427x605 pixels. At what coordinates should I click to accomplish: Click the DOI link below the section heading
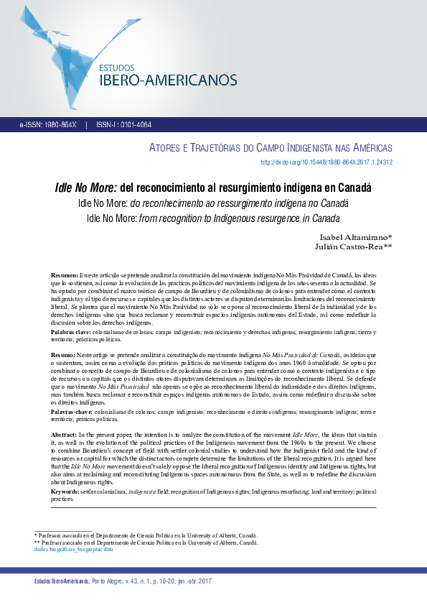[326, 162]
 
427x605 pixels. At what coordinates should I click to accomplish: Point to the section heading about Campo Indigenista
[271, 148]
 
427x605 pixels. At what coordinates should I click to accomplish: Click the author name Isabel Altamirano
[349, 238]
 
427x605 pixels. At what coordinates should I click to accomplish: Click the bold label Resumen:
[65, 276]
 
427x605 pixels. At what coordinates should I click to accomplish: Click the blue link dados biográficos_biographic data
[74, 549]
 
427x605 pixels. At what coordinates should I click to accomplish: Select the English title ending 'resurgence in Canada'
[212, 218]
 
